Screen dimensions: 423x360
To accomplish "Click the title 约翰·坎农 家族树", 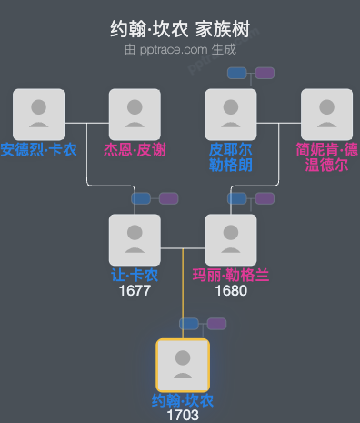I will tap(179, 30).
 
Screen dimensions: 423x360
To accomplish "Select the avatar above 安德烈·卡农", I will tap(38, 115).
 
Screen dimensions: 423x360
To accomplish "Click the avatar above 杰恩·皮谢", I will tap(135, 115).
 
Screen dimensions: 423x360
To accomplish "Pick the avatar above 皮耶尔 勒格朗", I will tap(231, 115).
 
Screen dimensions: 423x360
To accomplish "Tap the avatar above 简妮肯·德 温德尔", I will tap(326, 115).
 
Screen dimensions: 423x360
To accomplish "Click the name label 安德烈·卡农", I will tap(38, 149).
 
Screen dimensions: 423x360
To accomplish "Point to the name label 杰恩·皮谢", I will tap(135, 149).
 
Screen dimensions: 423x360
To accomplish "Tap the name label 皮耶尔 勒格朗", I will tap(231, 156).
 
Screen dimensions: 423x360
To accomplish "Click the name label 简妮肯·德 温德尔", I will tap(326, 156).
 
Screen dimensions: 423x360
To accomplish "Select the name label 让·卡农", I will tap(135, 275).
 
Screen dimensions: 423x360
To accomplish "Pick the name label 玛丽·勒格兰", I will tap(231, 275).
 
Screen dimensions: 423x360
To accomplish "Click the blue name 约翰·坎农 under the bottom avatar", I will tap(183, 400).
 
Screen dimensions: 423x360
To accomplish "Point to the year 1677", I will tap(135, 291).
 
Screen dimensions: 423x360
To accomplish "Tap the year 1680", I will tap(231, 291).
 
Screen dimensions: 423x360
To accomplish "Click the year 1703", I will tap(183, 416).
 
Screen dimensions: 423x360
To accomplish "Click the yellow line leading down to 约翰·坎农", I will tap(183, 300).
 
